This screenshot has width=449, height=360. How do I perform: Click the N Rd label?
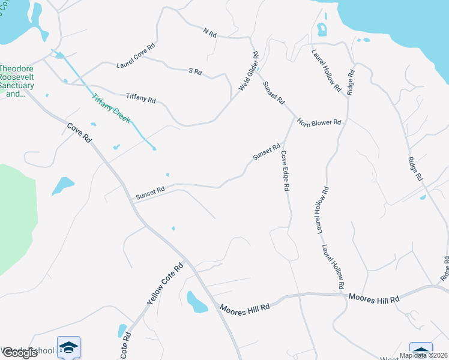point(209,32)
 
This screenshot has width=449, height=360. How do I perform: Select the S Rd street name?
point(195,71)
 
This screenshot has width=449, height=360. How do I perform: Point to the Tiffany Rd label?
point(140,97)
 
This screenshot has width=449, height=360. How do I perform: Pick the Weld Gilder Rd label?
point(249,71)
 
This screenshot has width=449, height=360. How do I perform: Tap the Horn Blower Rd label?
point(319,122)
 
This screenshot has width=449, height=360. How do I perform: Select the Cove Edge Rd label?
point(286,171)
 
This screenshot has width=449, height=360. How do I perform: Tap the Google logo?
point(19,353)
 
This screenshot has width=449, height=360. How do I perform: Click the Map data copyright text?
point(423,355)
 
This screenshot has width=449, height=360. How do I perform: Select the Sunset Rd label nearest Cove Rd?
point(149,193)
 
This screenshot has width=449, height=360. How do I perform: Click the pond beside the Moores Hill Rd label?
point(196,302)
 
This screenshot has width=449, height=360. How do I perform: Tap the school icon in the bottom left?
point(68,348)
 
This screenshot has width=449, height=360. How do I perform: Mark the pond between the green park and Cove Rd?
point(63,185)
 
